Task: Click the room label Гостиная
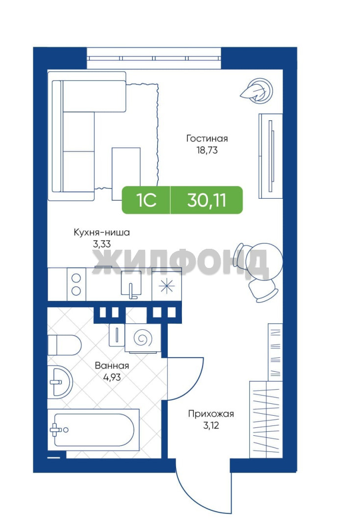(x=207, y=138)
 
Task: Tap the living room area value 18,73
(x=207, y=150)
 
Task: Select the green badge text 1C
(x=147, y=200)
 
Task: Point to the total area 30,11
(x=206, y=200)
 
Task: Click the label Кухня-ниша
(x=102, y=232)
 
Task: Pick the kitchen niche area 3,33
(x=102, y=244)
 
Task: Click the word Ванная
(x=112, y=366)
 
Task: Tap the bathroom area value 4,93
(x=112, y=377)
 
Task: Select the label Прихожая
(x=211, y=414)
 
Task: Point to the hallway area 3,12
(x=211, y=425)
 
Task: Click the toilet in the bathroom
(x=64, y=345)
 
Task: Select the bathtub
(x=93, y=429)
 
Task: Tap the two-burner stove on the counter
(x=77, y=284)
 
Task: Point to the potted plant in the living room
(x=257, y=89)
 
